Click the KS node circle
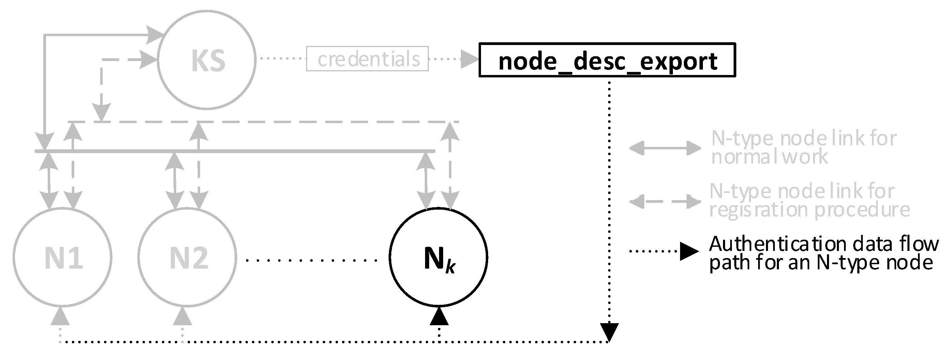(x=207, y=60)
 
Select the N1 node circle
(x=63, y=257)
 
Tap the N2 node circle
(x=187, y=257)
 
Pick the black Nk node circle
(x=438, y=257)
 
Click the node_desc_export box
(x=607, y=60)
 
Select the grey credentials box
(x=367, y=59)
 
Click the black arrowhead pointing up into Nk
(x=439, y=317)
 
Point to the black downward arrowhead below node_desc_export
(x=609, y=332)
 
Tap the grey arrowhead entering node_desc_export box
(x=469, y=59)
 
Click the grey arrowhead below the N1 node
(x=60, y=317)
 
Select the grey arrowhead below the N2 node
(x=182, y=317)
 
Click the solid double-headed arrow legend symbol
(x=665, y=148)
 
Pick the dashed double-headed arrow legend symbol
(x=665, y=202)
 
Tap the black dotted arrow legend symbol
(x=665, y=251)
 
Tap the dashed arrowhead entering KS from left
(x=149, y=59)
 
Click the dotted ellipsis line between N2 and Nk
(x=311, y=260)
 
